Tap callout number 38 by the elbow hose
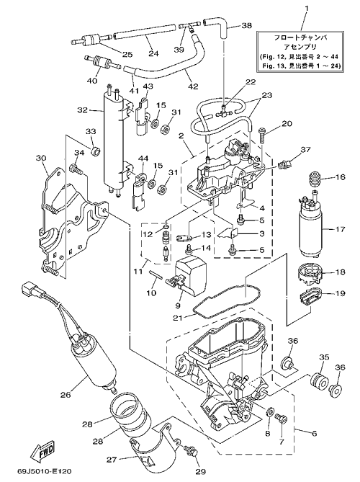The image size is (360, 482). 246,25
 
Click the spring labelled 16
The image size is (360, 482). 314,178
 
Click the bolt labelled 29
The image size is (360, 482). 190,451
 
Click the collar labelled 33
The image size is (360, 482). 96,151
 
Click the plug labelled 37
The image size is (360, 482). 283,166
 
